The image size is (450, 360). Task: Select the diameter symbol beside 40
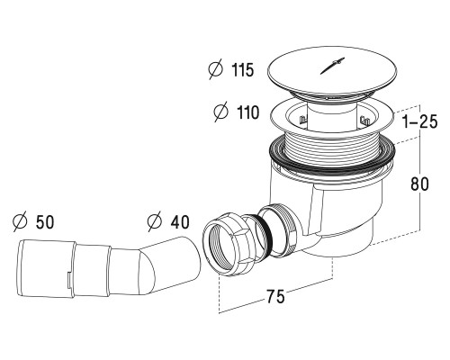click(154, 220)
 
